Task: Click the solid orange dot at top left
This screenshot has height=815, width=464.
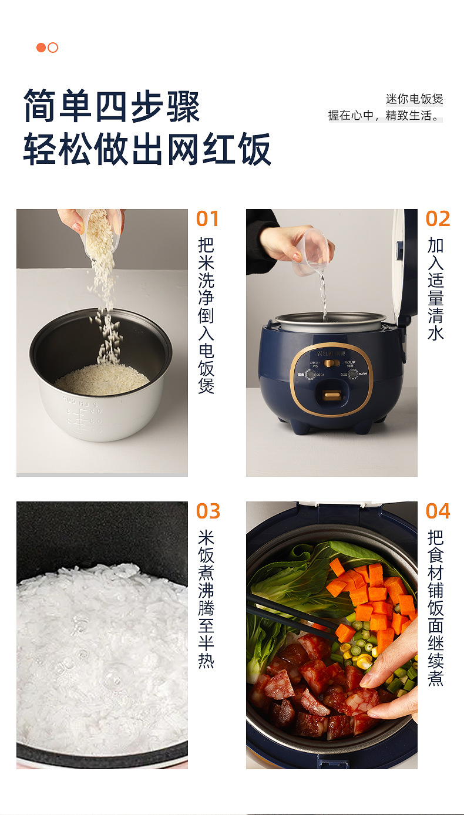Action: point(41,48)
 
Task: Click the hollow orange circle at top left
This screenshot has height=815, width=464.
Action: point(53,48)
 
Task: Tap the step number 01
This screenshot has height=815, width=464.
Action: point(207,219)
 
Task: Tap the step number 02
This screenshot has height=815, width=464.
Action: point(438,219)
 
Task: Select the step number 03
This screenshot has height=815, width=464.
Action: point(207,511)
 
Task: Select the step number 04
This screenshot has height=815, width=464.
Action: point(438,511)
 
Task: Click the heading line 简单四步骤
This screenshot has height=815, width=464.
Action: point(112,106)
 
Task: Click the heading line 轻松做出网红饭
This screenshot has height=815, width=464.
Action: point(147,149)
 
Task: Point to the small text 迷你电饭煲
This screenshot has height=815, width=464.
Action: point(414,99)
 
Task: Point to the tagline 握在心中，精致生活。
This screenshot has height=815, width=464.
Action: point(385,116)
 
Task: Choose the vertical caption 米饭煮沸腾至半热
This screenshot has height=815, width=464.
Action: point(206,599)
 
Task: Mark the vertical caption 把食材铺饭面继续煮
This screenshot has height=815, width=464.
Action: point(436,608)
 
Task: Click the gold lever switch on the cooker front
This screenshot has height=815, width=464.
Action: point(331,398)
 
